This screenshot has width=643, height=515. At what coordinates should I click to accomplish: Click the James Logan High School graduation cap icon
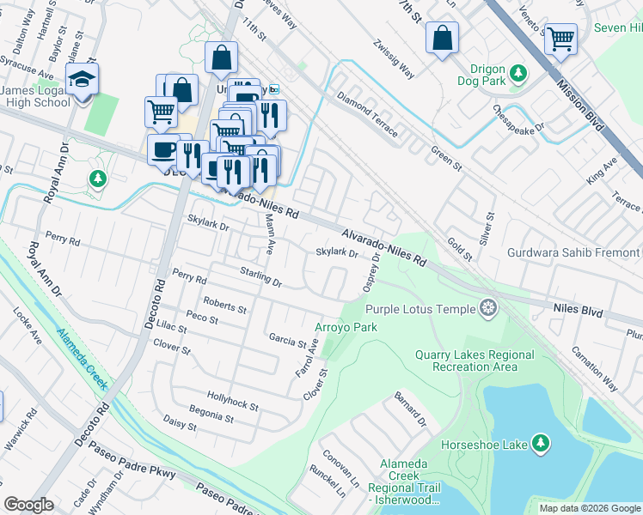82,79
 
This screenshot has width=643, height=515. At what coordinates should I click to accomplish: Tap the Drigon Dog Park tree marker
517,71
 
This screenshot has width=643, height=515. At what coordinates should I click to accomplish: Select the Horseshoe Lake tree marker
541,443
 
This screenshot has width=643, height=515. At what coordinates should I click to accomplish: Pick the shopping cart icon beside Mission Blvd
560,37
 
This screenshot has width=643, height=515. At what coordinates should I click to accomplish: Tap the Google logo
29,505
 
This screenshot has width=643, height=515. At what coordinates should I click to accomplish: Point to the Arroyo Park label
346,327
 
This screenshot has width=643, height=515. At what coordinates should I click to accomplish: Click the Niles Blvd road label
575,305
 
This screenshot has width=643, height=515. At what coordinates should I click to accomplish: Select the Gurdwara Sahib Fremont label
574,253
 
